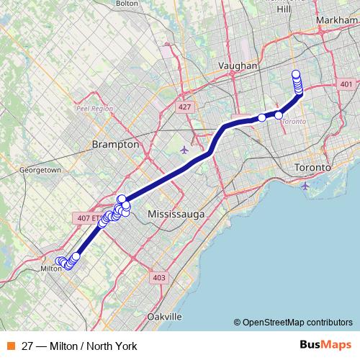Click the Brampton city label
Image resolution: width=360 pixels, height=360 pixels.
point(115,144)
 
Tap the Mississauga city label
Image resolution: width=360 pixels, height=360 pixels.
point(176,215)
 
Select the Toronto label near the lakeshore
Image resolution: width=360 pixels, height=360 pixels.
point(312,168)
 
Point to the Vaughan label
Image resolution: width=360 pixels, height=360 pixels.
point(238,66)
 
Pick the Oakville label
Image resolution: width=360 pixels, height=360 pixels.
point(163,317)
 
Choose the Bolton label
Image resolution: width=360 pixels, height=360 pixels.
point(127,4)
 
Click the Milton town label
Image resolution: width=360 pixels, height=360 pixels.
point(51,269)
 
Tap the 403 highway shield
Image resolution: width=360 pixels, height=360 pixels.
point(159,277)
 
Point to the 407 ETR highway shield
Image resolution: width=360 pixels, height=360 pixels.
point(83,217)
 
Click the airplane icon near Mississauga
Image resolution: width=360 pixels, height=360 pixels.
point(185,150)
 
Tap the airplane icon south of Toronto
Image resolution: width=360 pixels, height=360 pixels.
point(306,186)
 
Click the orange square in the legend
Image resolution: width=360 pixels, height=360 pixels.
point(12,346)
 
